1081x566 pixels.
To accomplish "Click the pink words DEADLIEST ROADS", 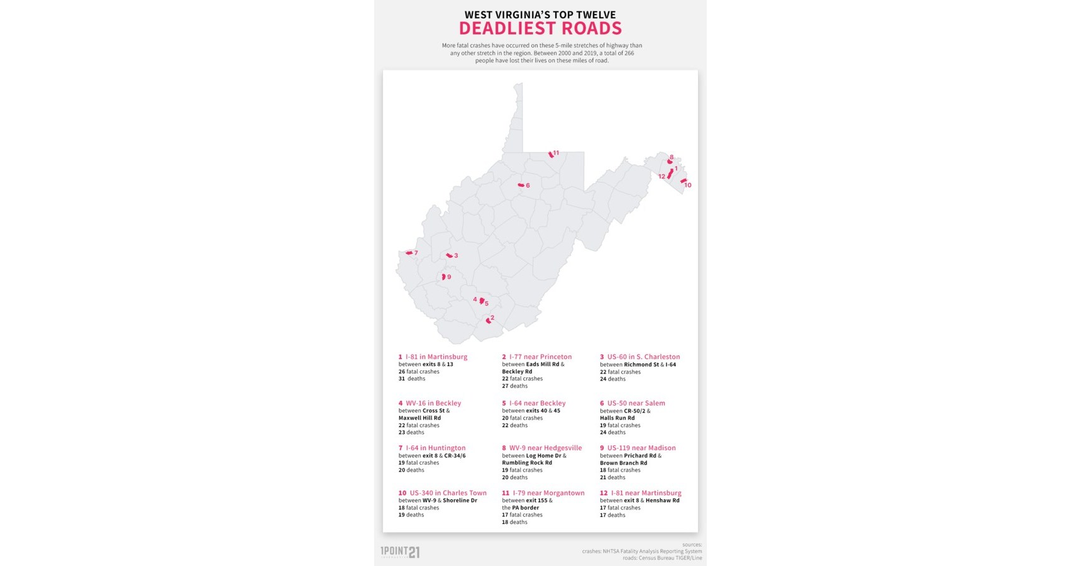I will (x=540, y=28).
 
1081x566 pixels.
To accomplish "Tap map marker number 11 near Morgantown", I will (x=551, y=154).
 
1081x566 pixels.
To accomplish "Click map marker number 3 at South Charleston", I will (x=449, y=255).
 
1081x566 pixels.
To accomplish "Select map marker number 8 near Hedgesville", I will (x=670, y=161).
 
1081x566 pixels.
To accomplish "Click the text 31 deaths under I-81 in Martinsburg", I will (x=412, y=379).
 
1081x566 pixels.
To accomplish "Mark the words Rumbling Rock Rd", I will (x=527, y=463).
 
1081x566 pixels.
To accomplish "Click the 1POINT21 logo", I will (x=400, y=552).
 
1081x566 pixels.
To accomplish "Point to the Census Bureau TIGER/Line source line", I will (x=662, y=558).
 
